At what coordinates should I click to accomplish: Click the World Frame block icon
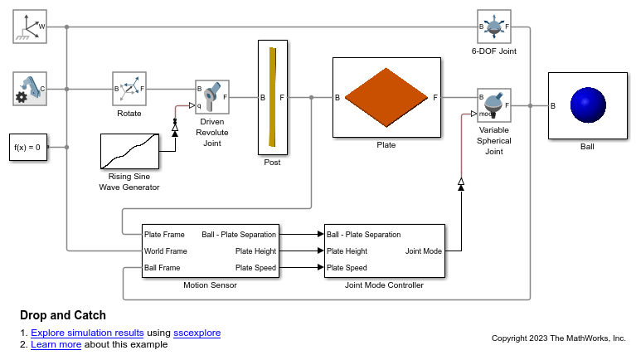30,27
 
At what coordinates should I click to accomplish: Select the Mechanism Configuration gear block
30,89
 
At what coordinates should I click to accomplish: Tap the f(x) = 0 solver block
28,148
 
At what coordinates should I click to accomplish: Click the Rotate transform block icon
129,89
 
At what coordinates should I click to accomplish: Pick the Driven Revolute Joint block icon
212,97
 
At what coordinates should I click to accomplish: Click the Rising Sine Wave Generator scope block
130,152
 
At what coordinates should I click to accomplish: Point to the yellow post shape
273,97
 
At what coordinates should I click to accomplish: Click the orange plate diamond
386,97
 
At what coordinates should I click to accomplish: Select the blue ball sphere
588,105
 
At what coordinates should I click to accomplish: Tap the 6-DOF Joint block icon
494,27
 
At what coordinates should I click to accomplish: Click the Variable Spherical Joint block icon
494,105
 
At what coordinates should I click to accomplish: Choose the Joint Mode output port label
424,251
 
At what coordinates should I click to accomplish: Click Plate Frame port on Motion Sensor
164,235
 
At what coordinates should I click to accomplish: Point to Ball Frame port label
163,268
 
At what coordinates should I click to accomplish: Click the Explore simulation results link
87,333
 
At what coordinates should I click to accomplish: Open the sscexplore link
197,333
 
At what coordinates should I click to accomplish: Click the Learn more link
56,344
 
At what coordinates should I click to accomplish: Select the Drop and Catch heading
63,315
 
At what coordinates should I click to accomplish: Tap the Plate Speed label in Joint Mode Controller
347,268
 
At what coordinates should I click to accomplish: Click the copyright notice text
559,338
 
